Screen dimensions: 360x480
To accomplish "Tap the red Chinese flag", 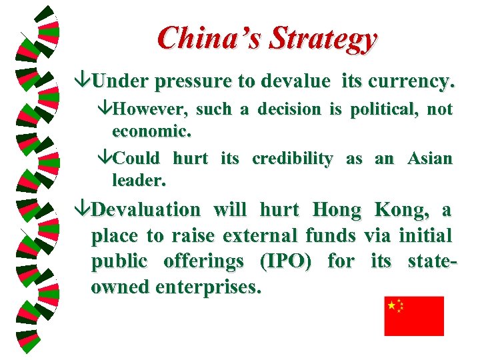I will point(413,315).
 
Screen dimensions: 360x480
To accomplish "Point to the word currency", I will point(407,81).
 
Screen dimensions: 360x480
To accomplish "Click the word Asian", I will point(429,159).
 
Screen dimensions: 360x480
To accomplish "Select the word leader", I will point(139,180).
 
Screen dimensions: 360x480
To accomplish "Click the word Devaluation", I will point(145,210).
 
